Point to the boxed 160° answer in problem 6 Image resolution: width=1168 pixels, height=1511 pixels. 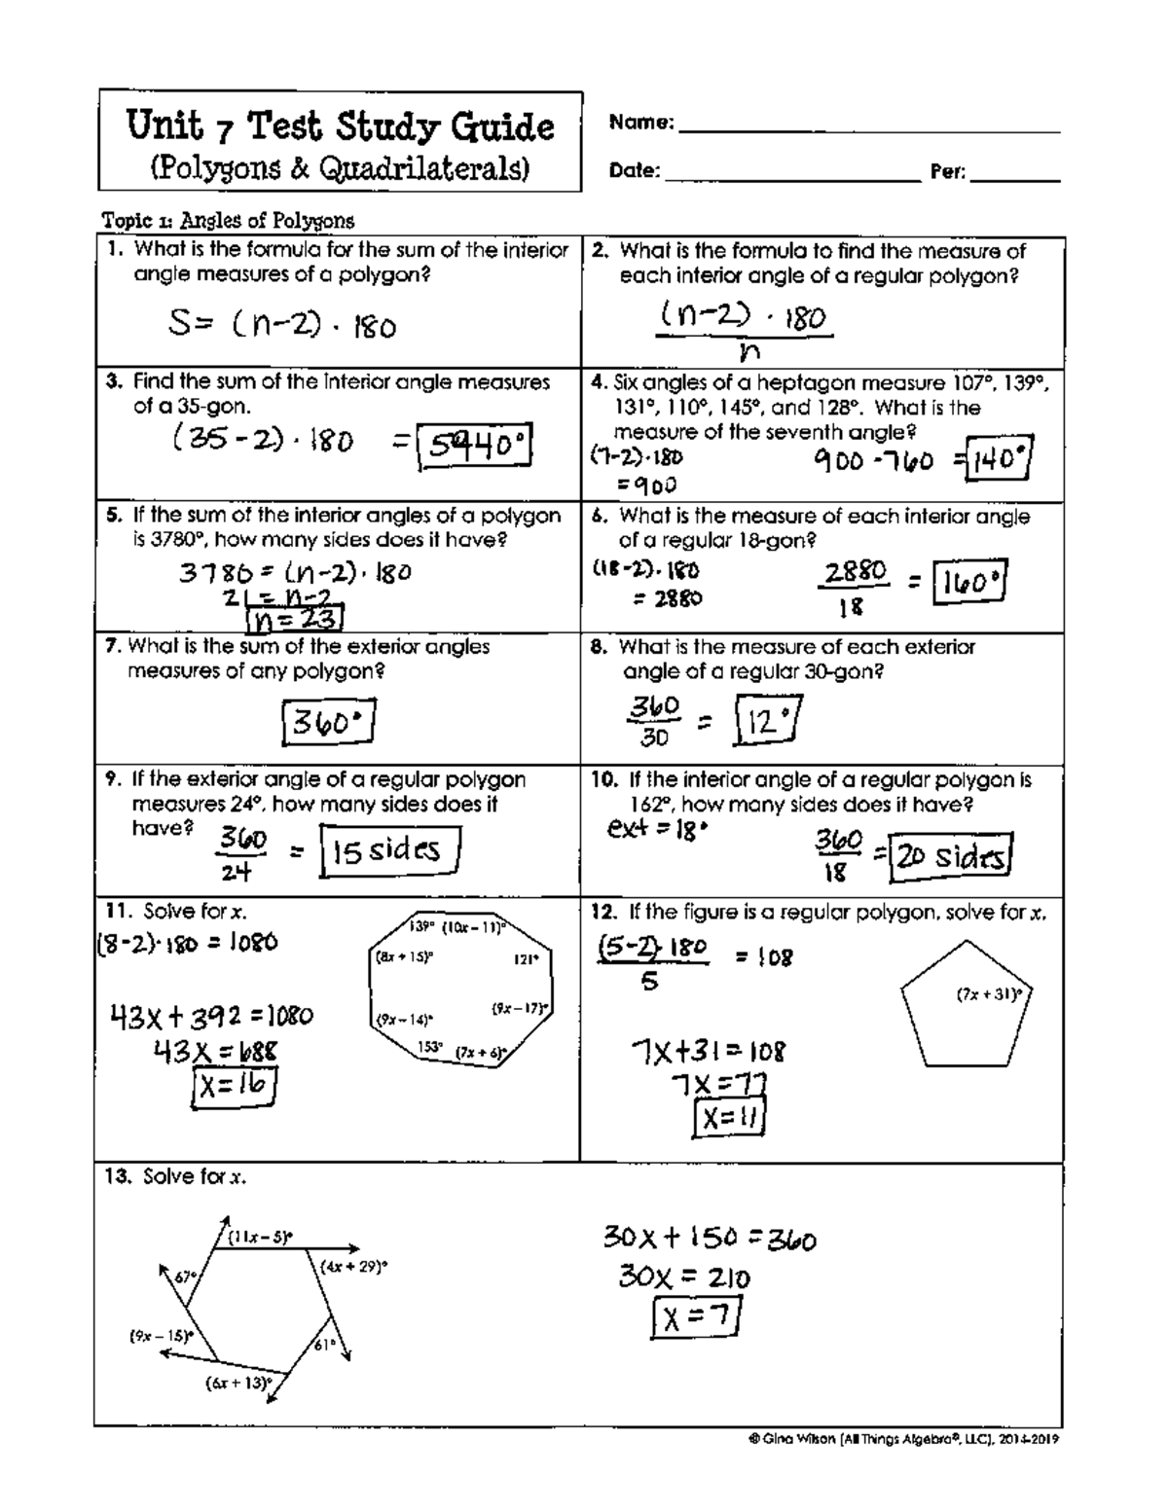click(968, 583)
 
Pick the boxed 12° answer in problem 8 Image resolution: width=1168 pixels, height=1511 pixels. click(770, 721)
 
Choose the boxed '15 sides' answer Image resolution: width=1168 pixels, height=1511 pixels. click(389, 851)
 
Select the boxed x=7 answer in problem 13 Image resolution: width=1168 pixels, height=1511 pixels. click(697, 1319)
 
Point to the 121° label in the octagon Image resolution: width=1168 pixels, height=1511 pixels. click(526, 958)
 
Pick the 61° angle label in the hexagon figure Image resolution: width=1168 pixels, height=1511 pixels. click(323, 1345)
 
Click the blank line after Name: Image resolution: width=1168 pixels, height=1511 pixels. click(868, 128)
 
